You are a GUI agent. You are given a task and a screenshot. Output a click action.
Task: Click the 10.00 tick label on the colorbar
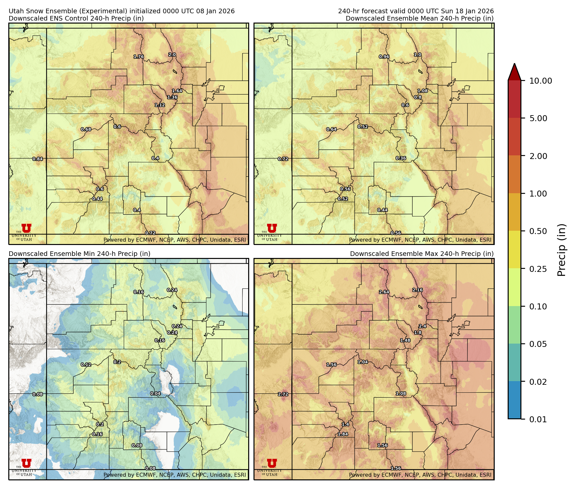[540, 81]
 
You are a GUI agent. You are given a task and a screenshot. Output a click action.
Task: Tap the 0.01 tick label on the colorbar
[538, 419]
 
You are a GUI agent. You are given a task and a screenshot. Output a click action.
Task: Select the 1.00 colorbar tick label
[538, 194]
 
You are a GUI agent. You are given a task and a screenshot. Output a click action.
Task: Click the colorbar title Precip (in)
[561, 250]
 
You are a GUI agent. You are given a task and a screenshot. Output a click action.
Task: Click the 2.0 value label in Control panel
[172, 55]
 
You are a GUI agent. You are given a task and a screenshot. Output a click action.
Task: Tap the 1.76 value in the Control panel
[139, 57]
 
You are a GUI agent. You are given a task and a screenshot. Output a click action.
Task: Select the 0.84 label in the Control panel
[37, 159]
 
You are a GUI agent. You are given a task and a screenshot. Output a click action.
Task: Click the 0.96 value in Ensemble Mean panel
[384, 57]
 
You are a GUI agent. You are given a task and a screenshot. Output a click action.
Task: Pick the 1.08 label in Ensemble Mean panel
[422, 91]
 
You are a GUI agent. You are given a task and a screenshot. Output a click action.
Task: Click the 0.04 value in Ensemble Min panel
[155, 393]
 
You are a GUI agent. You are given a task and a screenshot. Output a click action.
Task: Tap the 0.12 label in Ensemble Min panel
[86, 365]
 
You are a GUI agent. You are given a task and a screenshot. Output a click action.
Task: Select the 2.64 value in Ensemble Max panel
[384, 292]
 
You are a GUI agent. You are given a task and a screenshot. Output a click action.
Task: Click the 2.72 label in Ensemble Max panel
[283, 394]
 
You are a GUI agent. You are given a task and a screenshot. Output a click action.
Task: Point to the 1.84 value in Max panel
[343, 434]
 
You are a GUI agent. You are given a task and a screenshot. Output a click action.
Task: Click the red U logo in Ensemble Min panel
[27, 463]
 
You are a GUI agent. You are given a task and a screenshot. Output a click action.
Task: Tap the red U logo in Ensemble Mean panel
[272, 228]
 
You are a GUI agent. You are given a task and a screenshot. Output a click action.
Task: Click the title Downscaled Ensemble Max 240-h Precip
[421, 254]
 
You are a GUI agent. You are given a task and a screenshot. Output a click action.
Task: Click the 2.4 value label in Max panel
[422, 326]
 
